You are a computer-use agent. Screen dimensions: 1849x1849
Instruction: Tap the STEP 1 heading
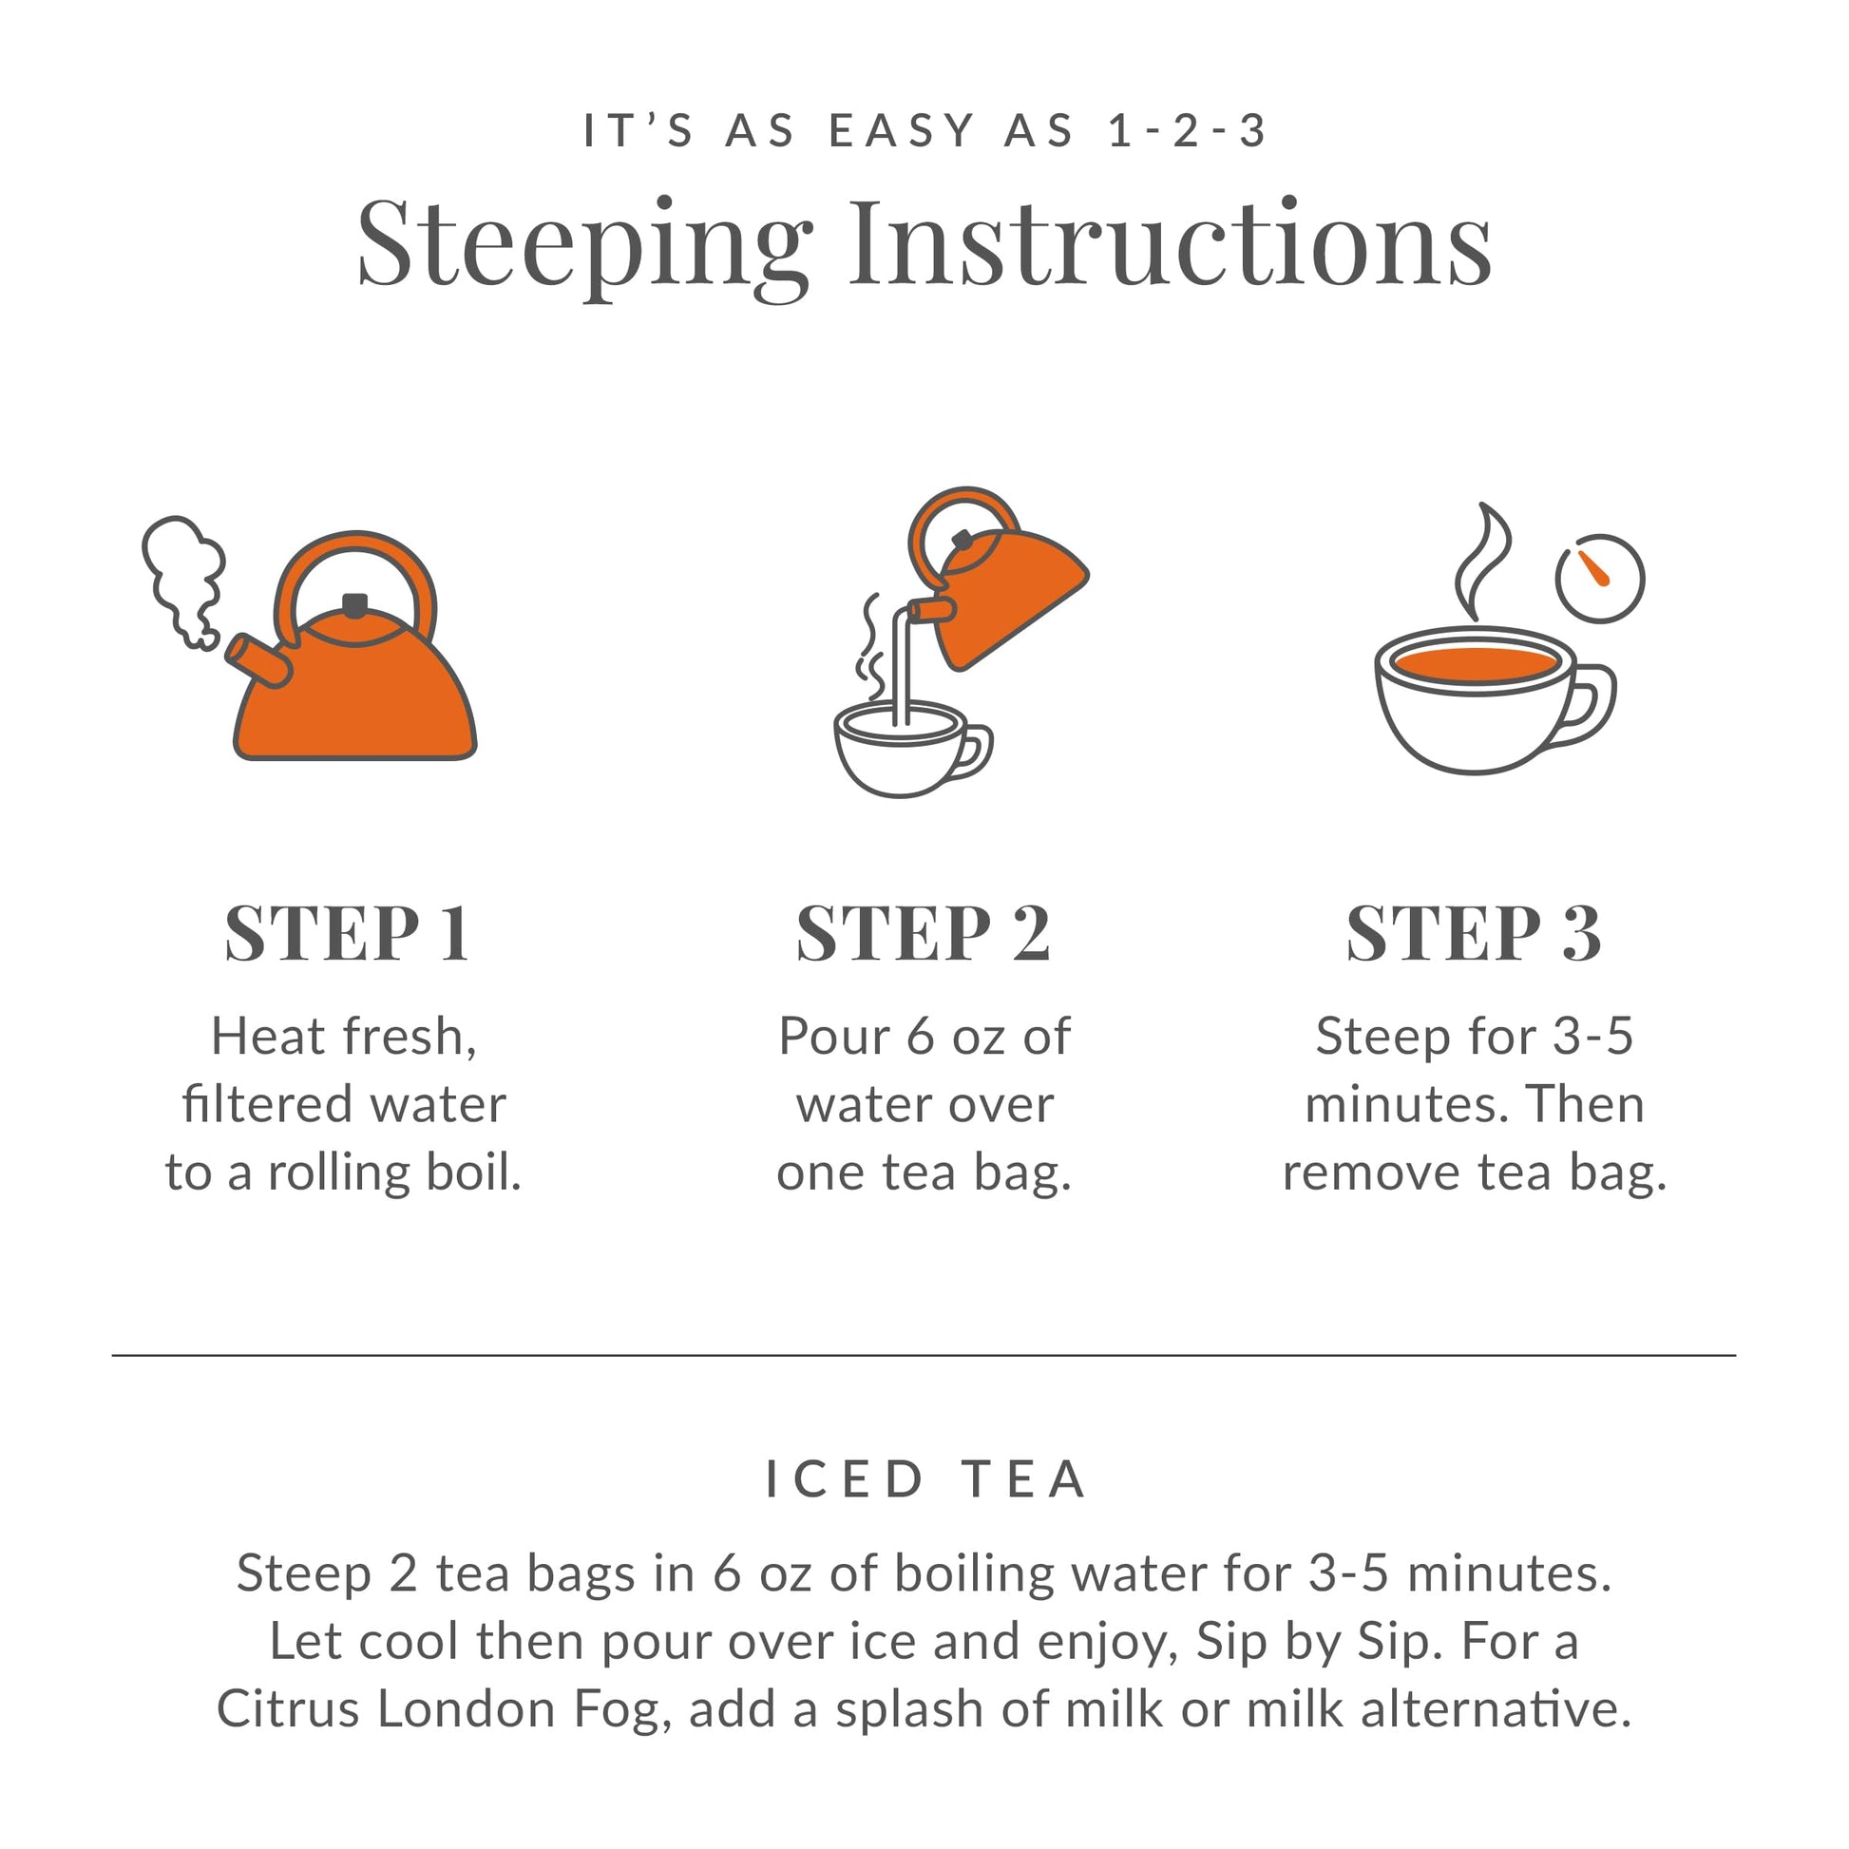(x=348, y=933)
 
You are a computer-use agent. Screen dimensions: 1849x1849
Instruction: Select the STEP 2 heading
(x=924, y=933)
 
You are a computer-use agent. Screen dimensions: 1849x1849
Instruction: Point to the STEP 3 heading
(x=1474, y=933)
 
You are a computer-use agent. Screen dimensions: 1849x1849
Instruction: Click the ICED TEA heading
(x=926, y=1479)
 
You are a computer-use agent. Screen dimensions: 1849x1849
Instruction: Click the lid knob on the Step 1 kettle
(x=355, y=605)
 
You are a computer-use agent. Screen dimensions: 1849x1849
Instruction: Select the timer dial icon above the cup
(x=1599, y=578)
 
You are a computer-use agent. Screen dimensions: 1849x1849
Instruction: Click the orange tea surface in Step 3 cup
(x=1475, y=663)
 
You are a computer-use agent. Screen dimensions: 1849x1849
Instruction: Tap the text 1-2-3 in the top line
(x=1187, y=130)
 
